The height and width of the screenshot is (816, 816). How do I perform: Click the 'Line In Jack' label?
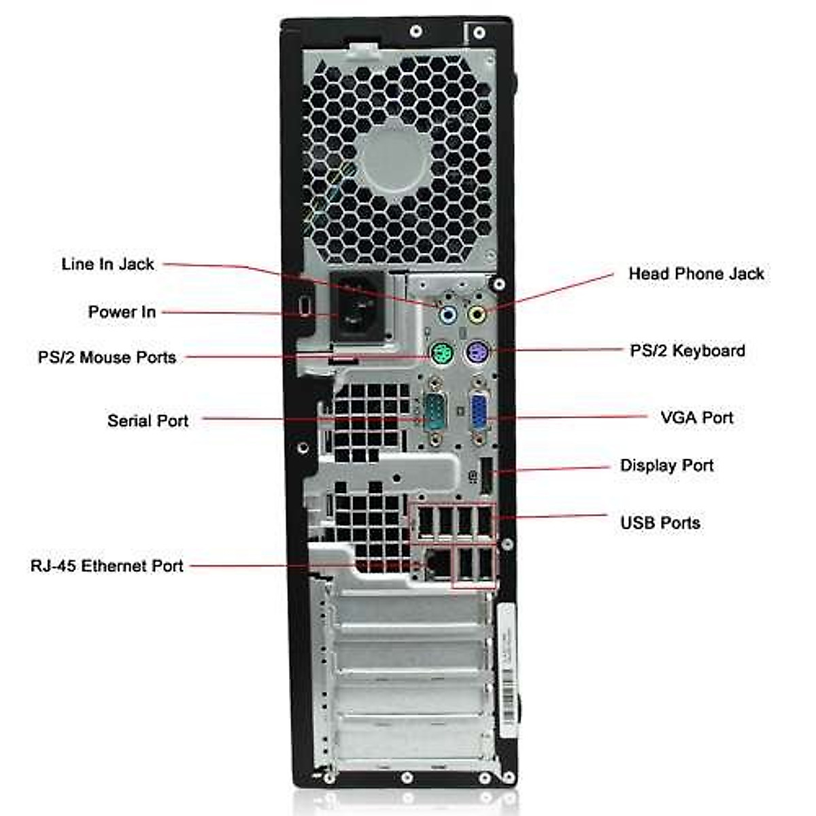tap(107, 264)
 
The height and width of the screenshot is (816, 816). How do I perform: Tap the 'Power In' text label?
tap(122, 312)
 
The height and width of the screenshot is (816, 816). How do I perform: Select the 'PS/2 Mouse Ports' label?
tap(107, 357)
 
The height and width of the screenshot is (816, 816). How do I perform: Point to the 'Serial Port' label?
tap(148, 420)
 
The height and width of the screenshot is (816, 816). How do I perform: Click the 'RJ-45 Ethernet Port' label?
tap(107, 566)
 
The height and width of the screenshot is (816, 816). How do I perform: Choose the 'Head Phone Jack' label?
tap(696, 273)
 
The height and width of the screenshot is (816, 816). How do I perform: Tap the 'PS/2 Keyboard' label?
tap(687, 351)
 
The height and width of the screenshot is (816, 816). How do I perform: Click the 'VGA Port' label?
tap(696, 417)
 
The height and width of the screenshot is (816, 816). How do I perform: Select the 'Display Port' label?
tap(666, 466)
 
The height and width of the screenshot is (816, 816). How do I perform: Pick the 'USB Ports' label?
tap(660, 523)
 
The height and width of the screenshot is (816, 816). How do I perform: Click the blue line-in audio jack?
tap(447, 315)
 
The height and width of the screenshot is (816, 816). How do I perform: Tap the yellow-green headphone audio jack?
tap(477, 314)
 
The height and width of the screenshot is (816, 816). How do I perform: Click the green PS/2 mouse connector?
tap(442, 354)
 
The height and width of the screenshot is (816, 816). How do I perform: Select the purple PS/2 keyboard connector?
tap(478, 353)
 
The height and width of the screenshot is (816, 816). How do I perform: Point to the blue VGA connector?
tap(478, 413)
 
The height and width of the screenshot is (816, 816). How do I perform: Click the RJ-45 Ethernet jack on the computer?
tap(436, 564)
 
